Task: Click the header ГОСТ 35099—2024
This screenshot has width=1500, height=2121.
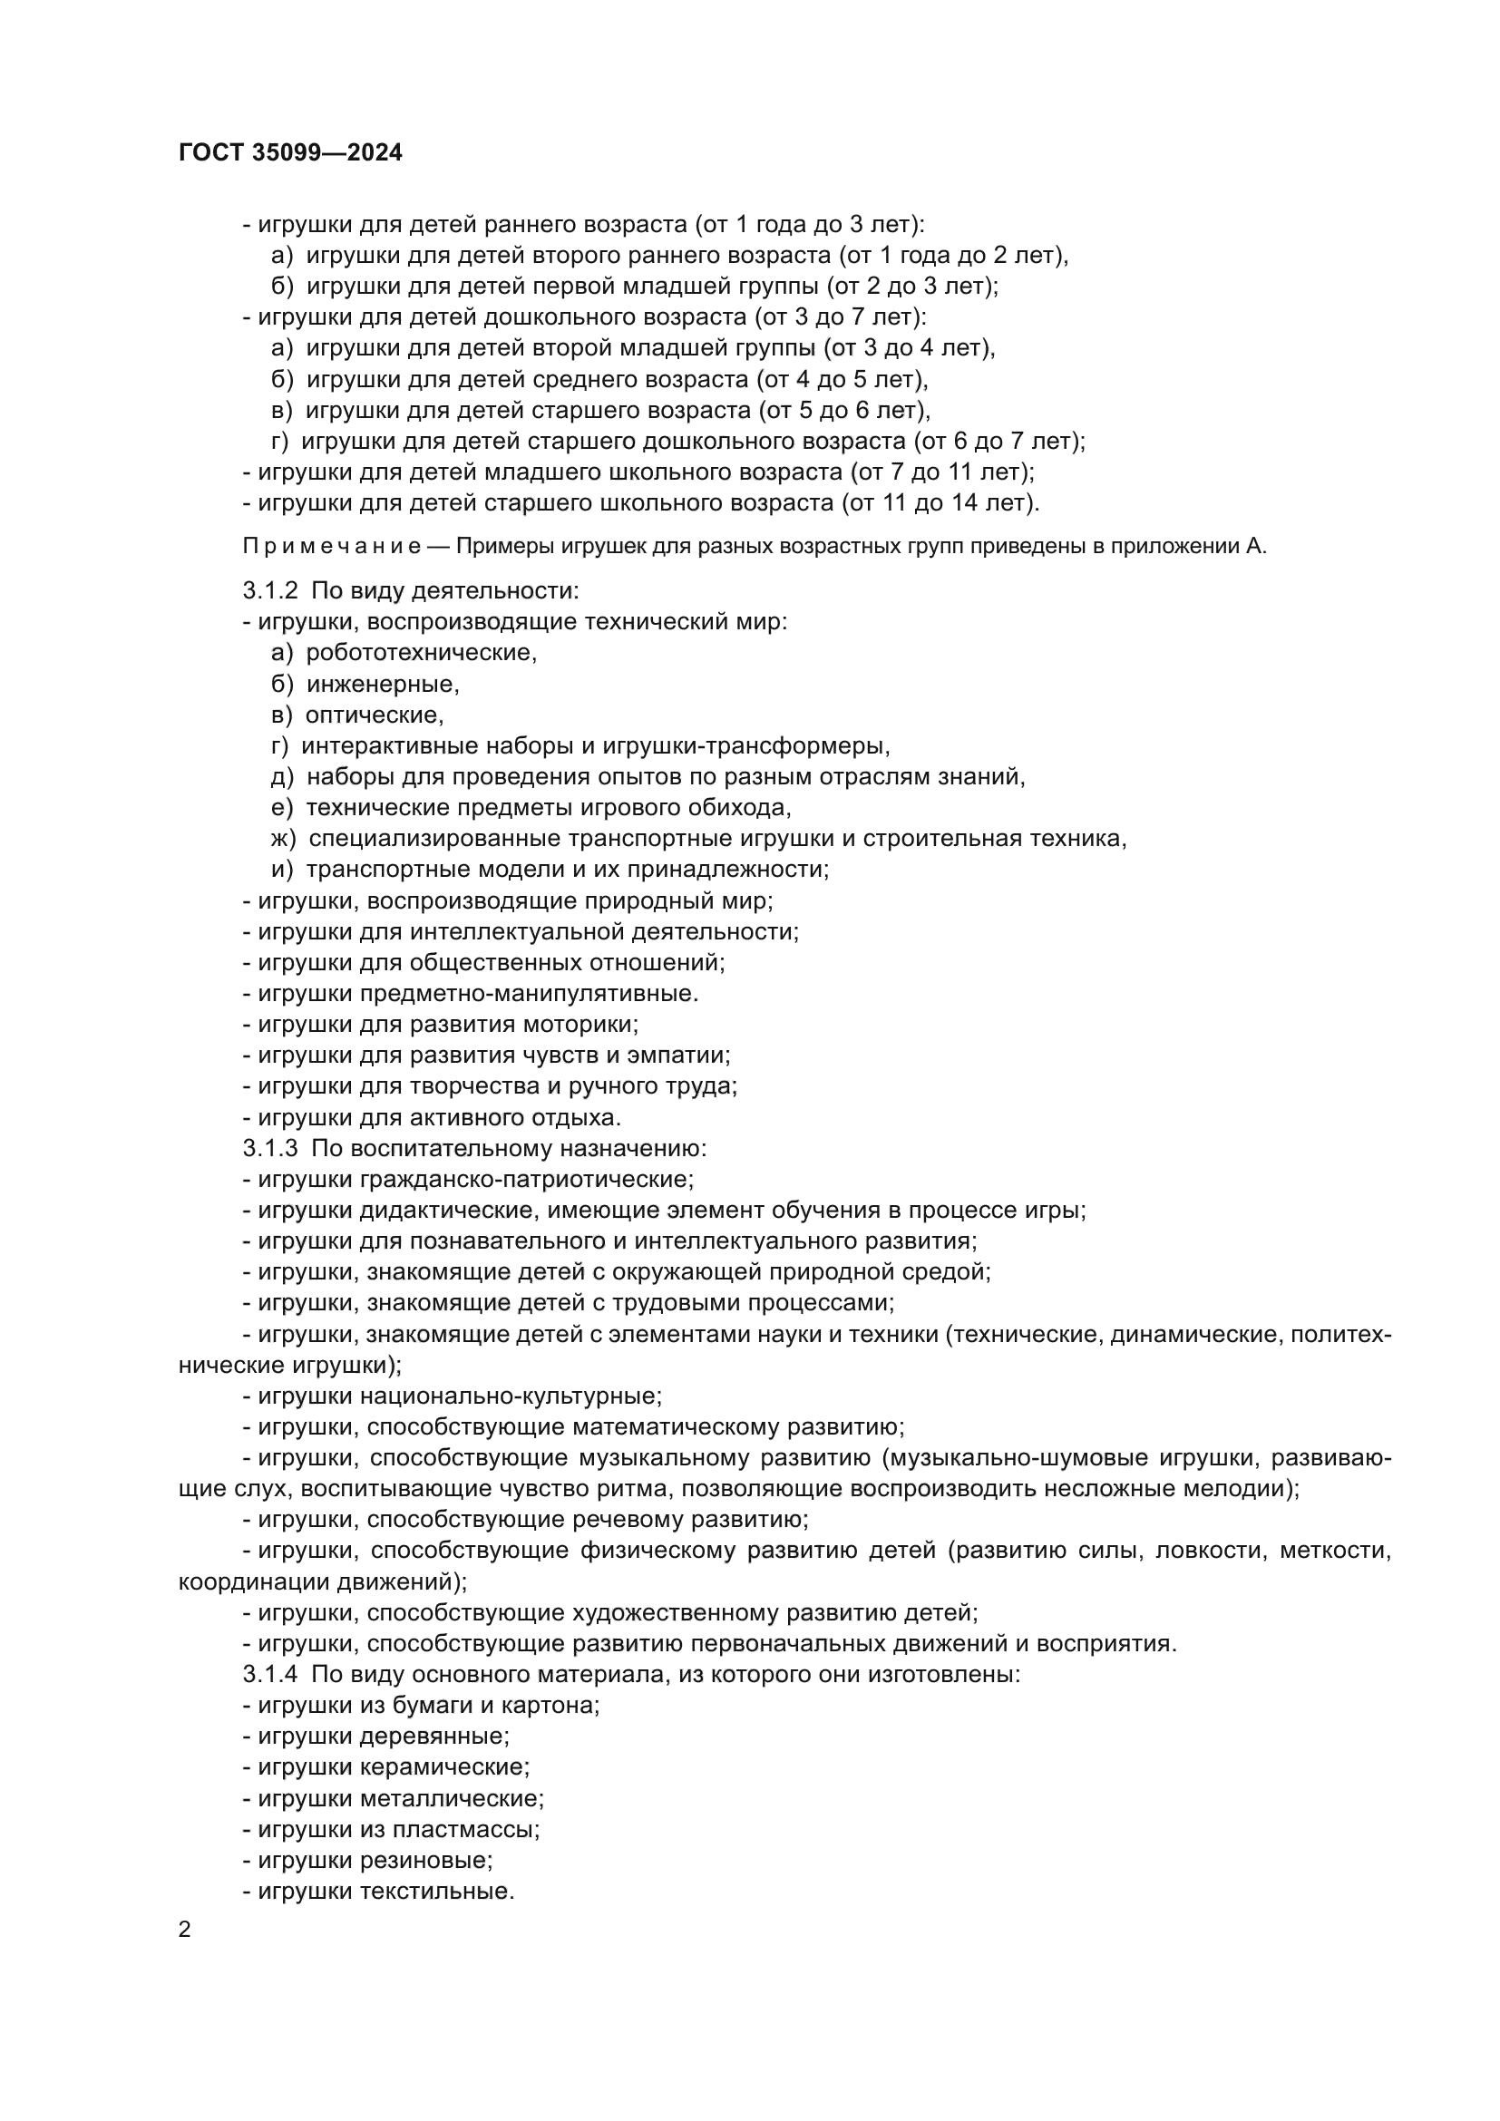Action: click(x=290, y=153)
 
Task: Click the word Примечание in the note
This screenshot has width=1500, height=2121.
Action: click(x=332, y=547)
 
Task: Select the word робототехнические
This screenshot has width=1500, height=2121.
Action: click(x=420, y=653)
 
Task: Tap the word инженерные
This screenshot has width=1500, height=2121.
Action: click(x=382, y=685)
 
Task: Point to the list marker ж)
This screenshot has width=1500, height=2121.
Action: click(x=283, y=839)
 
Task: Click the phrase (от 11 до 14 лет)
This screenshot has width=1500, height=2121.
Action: click(x=940, y=503)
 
